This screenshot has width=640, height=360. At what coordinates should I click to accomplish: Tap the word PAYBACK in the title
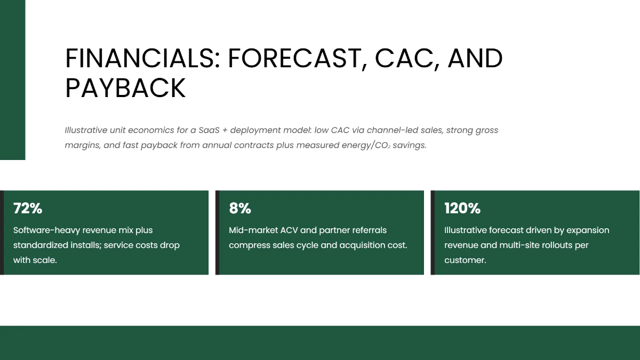point(125,88)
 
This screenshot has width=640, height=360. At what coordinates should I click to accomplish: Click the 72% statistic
point(28,209)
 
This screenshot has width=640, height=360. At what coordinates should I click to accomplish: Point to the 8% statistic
point(240,209)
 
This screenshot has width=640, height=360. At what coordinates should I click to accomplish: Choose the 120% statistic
point(462,209)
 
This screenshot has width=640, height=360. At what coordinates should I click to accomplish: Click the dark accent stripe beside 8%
point(217,233)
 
